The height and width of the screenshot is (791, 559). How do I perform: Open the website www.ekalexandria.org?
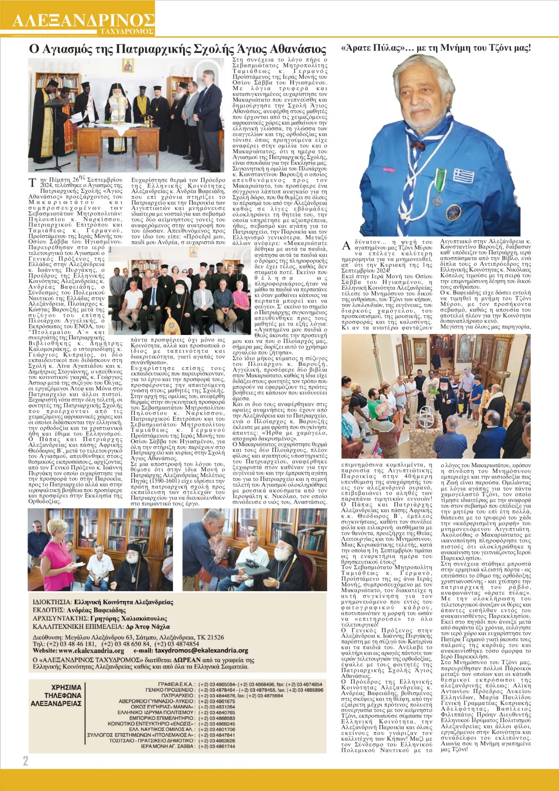click(x=91, y=651)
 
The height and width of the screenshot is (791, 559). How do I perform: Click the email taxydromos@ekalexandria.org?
click(x=201, y=651)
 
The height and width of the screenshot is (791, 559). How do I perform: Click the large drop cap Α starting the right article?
click(x=347, y=246)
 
